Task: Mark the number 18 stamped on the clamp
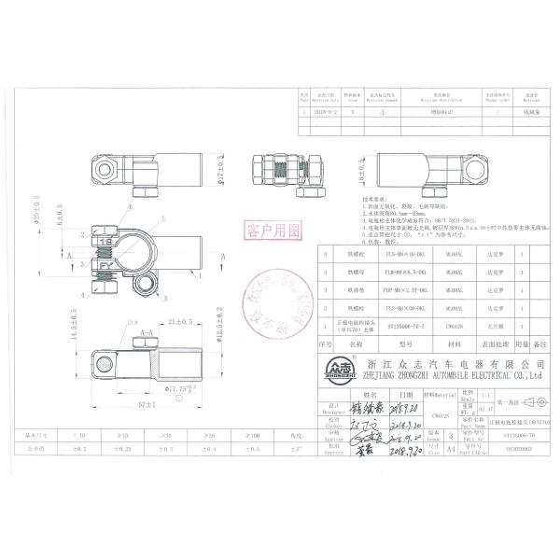click(105, 242)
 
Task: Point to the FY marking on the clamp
click(105, 265)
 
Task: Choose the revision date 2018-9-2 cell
click(326, 109)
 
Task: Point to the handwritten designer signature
click(367, 407)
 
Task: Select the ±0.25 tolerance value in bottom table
click(125, 447)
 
